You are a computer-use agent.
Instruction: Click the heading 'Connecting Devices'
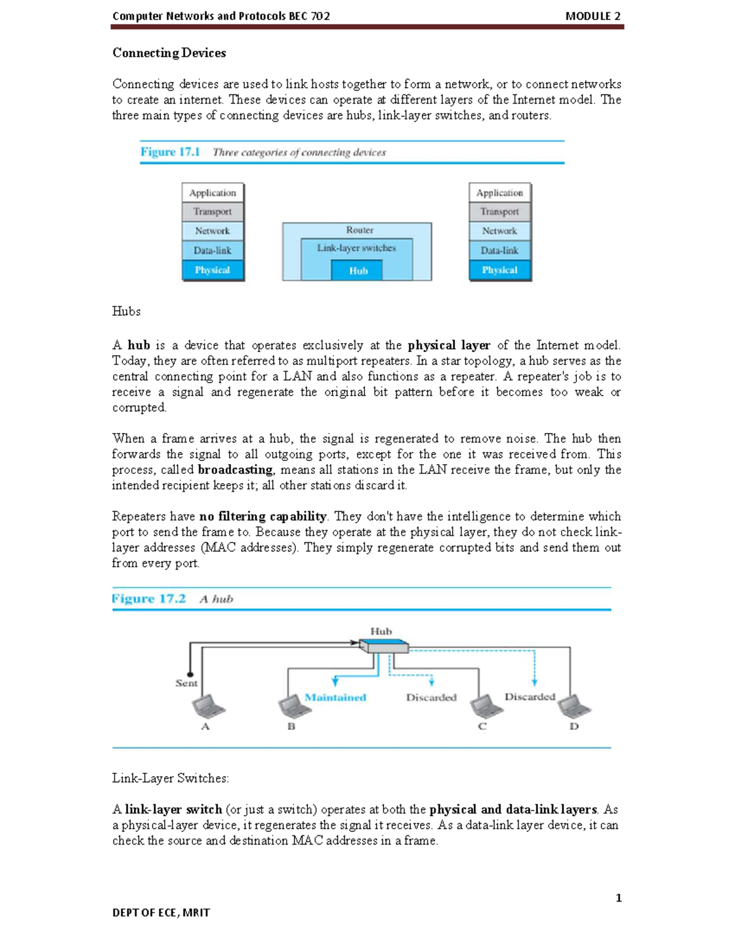coord(169,53)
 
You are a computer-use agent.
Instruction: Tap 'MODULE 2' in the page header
coord(592,17)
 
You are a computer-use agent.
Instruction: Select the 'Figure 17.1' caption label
coord(170,152)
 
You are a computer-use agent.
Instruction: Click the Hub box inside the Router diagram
coord(358,271)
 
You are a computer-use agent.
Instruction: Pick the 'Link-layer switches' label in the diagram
coord(356,248)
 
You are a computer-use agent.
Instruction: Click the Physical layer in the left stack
coord(213,270)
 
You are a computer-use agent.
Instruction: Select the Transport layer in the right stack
coord(499,212)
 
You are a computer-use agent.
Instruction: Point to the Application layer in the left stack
coord(213,193)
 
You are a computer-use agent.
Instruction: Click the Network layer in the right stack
coord(499,231)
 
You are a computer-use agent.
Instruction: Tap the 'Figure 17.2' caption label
coord(149,599)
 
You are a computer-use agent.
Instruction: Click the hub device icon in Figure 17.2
coord(383,645)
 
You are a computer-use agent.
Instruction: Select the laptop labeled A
coord(208,707)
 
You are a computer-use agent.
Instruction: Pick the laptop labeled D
coord(574,707)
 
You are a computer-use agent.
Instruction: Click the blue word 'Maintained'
coord(335,697)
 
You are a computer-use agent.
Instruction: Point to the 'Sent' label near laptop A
coord(186,683)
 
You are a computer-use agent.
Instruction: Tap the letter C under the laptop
coord(482,727)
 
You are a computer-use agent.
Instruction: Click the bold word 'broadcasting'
coord(235,470)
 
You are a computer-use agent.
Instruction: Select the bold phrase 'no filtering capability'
coord(263,516)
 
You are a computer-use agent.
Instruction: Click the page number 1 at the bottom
coord(619,898)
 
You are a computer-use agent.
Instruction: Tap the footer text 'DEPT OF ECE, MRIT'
coord(161,912)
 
